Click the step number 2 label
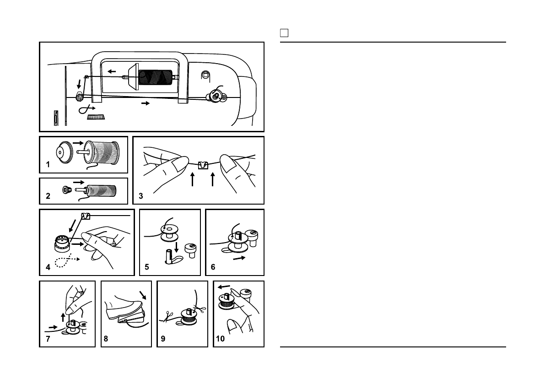coord(48,196)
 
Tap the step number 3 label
coord(141,196)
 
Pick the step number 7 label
coord(48,339)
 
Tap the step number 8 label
coord(107,339)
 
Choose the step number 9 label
coord(163,339)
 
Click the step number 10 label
coord(221,339)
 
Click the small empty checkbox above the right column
coord(284,33)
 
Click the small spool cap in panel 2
coord(66,189)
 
